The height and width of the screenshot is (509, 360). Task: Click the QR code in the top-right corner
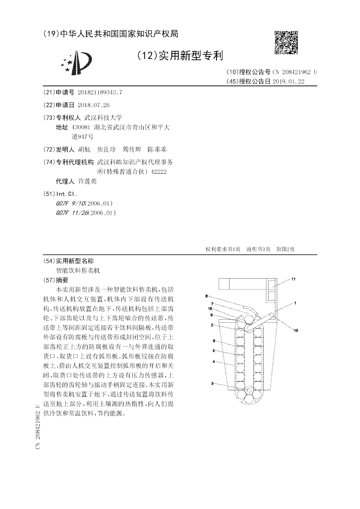[x=286, y=42]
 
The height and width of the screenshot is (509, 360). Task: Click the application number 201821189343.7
[x=100, y=92]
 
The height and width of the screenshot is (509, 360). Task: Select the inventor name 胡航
[x=84, y=149]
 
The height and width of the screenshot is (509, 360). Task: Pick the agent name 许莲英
[x=87, y=181]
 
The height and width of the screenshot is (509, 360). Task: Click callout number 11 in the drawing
[x=293, y=279]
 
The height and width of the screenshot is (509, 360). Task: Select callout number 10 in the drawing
[x=296, y=330]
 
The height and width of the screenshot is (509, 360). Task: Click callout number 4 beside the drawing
[x=214, y=361]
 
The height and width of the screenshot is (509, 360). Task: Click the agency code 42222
[x=158, y=171]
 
